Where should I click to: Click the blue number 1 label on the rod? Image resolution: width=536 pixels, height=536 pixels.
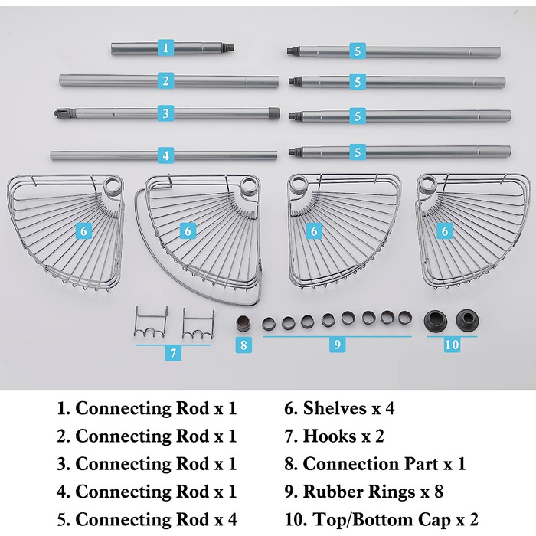(x=166, y=47)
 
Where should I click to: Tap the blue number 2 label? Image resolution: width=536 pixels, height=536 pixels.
(x=166, y=80)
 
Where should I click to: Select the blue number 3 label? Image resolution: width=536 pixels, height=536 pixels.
(x=166, y=113)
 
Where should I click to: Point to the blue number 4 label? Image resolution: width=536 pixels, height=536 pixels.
(x=166, y=155)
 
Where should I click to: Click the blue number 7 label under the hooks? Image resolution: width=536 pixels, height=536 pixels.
(x=173, y=353)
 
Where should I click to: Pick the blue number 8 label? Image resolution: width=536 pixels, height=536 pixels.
(x=243, y=345)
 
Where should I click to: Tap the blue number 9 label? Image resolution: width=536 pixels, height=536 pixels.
(x=338, y=345)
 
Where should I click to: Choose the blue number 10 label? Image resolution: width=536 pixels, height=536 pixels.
(x=452, y=345)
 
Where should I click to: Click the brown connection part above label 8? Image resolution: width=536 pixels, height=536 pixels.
(x=243, y=324)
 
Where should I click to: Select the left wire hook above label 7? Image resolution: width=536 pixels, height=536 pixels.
(x=151, y=322)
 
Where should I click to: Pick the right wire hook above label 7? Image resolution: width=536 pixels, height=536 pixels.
(x=198, y=324)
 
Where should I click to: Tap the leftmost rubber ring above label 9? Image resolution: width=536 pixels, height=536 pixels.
(x=269, y=323)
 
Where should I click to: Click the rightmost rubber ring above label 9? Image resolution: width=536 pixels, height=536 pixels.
(x=405, y=317)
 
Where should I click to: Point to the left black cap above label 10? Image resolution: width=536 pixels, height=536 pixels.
(x=435, y=321)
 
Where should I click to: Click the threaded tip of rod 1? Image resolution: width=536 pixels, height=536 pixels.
(x=229, y=47)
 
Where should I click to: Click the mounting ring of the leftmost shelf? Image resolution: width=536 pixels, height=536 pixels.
(x=113, y=187)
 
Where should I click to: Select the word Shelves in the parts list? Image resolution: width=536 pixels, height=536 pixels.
(x=335, y=408)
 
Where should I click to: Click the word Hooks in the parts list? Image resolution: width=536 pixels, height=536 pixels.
(x=329, y=436)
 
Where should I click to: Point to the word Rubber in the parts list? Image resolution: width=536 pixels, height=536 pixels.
(x=332, y=492)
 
